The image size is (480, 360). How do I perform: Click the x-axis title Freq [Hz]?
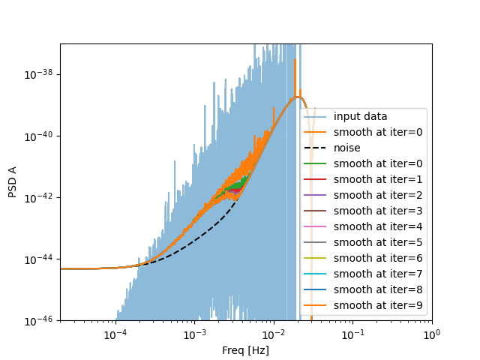(x=245, y=350)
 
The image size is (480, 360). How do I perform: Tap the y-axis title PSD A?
(x=13, y=182)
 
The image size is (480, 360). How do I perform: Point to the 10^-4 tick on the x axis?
(x=115, y=334)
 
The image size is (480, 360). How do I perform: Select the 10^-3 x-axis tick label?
(x=195, y=334)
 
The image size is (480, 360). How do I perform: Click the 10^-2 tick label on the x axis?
(x=274, y=334)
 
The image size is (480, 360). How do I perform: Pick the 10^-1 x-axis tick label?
(x=352, y=334)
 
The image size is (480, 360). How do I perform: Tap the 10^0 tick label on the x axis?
(x=431, y=334)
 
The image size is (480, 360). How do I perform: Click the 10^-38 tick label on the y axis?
(x=38, y=74)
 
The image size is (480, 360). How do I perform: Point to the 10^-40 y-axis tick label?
(x=38, y=136)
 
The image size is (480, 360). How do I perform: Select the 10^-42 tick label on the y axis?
(x=38, y=197)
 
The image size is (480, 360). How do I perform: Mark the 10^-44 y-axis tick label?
(x=38, y=259)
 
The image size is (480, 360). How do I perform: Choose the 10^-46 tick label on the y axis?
(x=38, y=320)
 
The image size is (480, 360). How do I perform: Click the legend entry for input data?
(x=361, y=116)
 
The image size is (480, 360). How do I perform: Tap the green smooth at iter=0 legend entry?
(x=373, y=163)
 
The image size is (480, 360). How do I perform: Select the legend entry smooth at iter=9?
(x=373, y=305)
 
